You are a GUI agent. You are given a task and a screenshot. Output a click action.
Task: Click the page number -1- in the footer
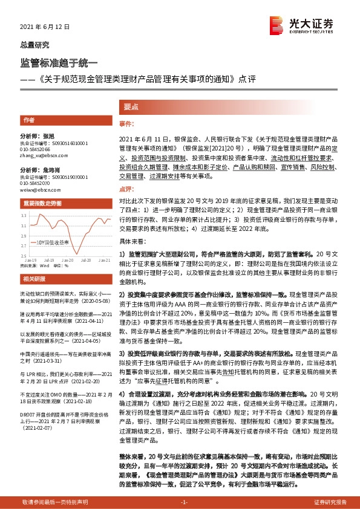185,502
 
